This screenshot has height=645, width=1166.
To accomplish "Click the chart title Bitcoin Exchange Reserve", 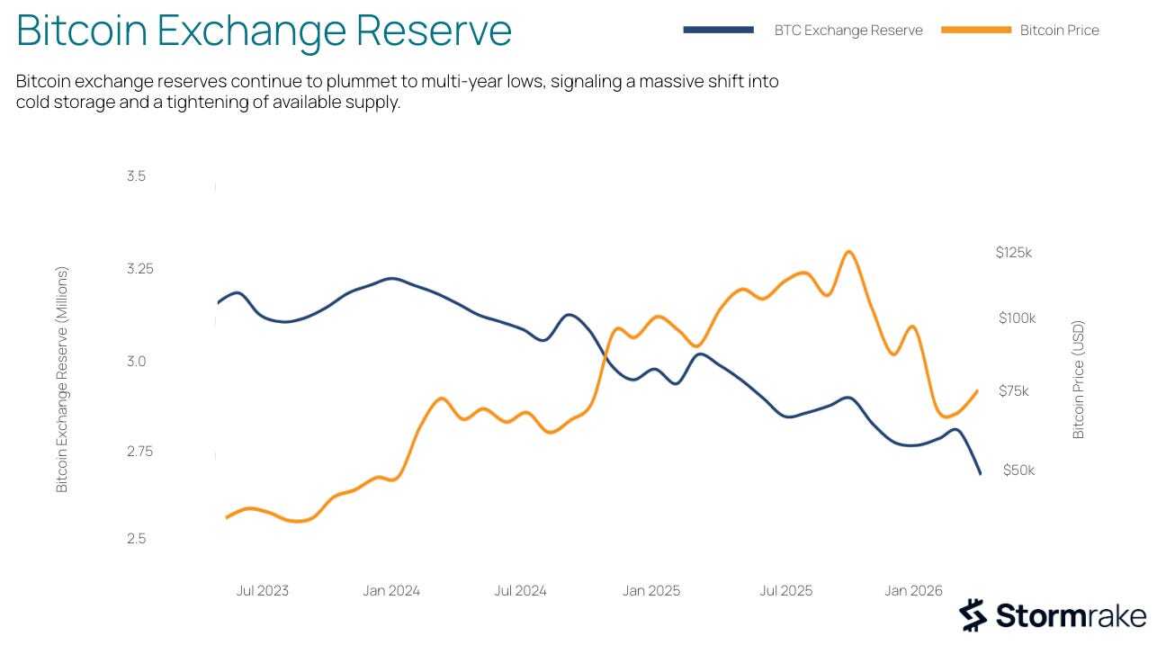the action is pyautogui.click(x=264, y=31).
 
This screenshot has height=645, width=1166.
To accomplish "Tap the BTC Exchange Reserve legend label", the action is pyautogui.click(x=848, y=31).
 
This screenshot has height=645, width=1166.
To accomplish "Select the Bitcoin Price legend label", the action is pyautogui.click(x=1059, y=31).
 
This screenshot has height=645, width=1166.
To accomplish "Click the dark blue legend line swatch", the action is pyautogui.click(x=718, y=30).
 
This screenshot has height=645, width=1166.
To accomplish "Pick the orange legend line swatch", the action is pyautogui.click(x=976, y=30).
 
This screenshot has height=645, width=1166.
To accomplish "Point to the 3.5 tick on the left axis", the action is pyautogui.click(x=137, y=176).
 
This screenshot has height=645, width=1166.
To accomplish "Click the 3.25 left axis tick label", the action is pyautogui.click(x=140, y=269).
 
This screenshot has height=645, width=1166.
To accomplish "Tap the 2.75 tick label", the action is pyautogui.click(x=140, y=451).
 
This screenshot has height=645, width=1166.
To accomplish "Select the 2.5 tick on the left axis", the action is pyautogui.click(x=137, y=538).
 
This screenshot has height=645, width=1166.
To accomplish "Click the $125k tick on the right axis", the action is pyautogui.click(x=1013, y=253).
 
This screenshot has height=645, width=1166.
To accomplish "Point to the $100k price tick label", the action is pyautogui.click(x=1018, y=318).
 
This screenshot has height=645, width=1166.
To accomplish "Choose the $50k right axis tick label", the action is pyautogui.click(x=1018, y=470).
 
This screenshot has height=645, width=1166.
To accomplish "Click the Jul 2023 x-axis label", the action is pyautogui.click(x=263, y=590).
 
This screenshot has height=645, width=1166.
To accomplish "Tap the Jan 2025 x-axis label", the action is pyautogui.click(x=651, y=590).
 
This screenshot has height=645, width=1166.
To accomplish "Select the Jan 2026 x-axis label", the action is pyautogui.click(x=913, y=590).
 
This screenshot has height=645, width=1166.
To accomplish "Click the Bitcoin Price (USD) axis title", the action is pyautogui.click(x=1079, y=380).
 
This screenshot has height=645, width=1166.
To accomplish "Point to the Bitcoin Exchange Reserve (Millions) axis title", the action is pyautogui.click(x=62, y=380).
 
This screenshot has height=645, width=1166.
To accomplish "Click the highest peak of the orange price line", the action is pyautogui.click(x=848, y=252).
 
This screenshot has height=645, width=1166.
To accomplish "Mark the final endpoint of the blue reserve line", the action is pyautogui.click(x=980, y=474).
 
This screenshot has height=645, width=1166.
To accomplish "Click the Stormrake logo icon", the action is pyautogui.click(x=973, y=614).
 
